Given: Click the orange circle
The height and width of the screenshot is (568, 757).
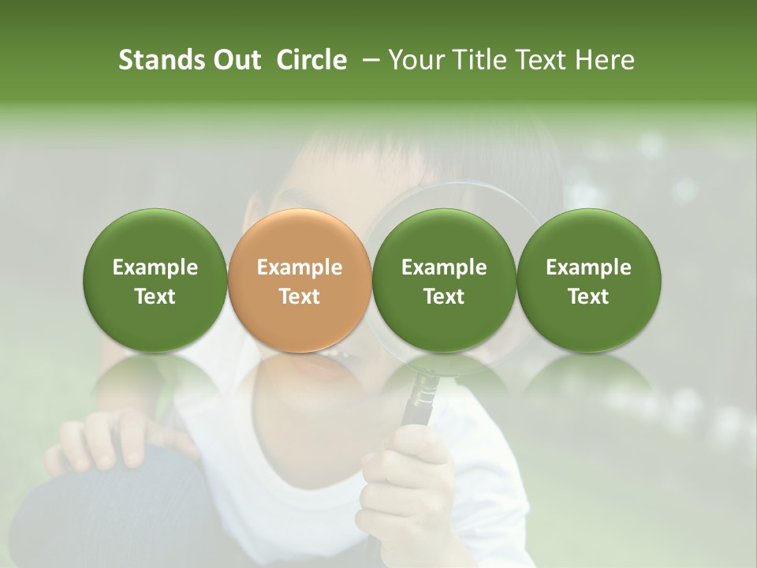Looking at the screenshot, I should pos(299,237).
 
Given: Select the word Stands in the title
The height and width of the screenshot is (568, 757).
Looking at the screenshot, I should pos(162,60).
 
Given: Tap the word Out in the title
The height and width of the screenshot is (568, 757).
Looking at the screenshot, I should pos(236,60).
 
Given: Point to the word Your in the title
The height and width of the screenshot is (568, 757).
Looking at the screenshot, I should pos(416,60).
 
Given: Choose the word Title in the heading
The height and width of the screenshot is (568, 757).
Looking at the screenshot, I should pos(473,60).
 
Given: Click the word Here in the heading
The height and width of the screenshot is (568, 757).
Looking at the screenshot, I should pos(606,60).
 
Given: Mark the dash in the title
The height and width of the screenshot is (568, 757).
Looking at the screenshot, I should pos(367,60).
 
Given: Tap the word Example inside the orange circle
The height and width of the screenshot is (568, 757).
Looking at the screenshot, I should pos(300,268).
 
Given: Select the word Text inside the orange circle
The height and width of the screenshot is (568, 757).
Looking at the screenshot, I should pos(300,297).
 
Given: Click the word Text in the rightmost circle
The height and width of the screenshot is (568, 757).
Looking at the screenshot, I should pos(588,297).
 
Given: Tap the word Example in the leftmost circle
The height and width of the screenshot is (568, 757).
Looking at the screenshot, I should pos(155,268).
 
